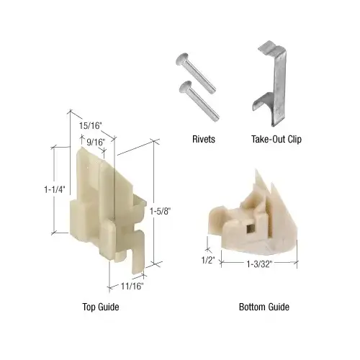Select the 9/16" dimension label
(x=96, y=142)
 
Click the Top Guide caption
(x=100, y=307)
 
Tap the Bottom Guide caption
(x=264, y=307)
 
